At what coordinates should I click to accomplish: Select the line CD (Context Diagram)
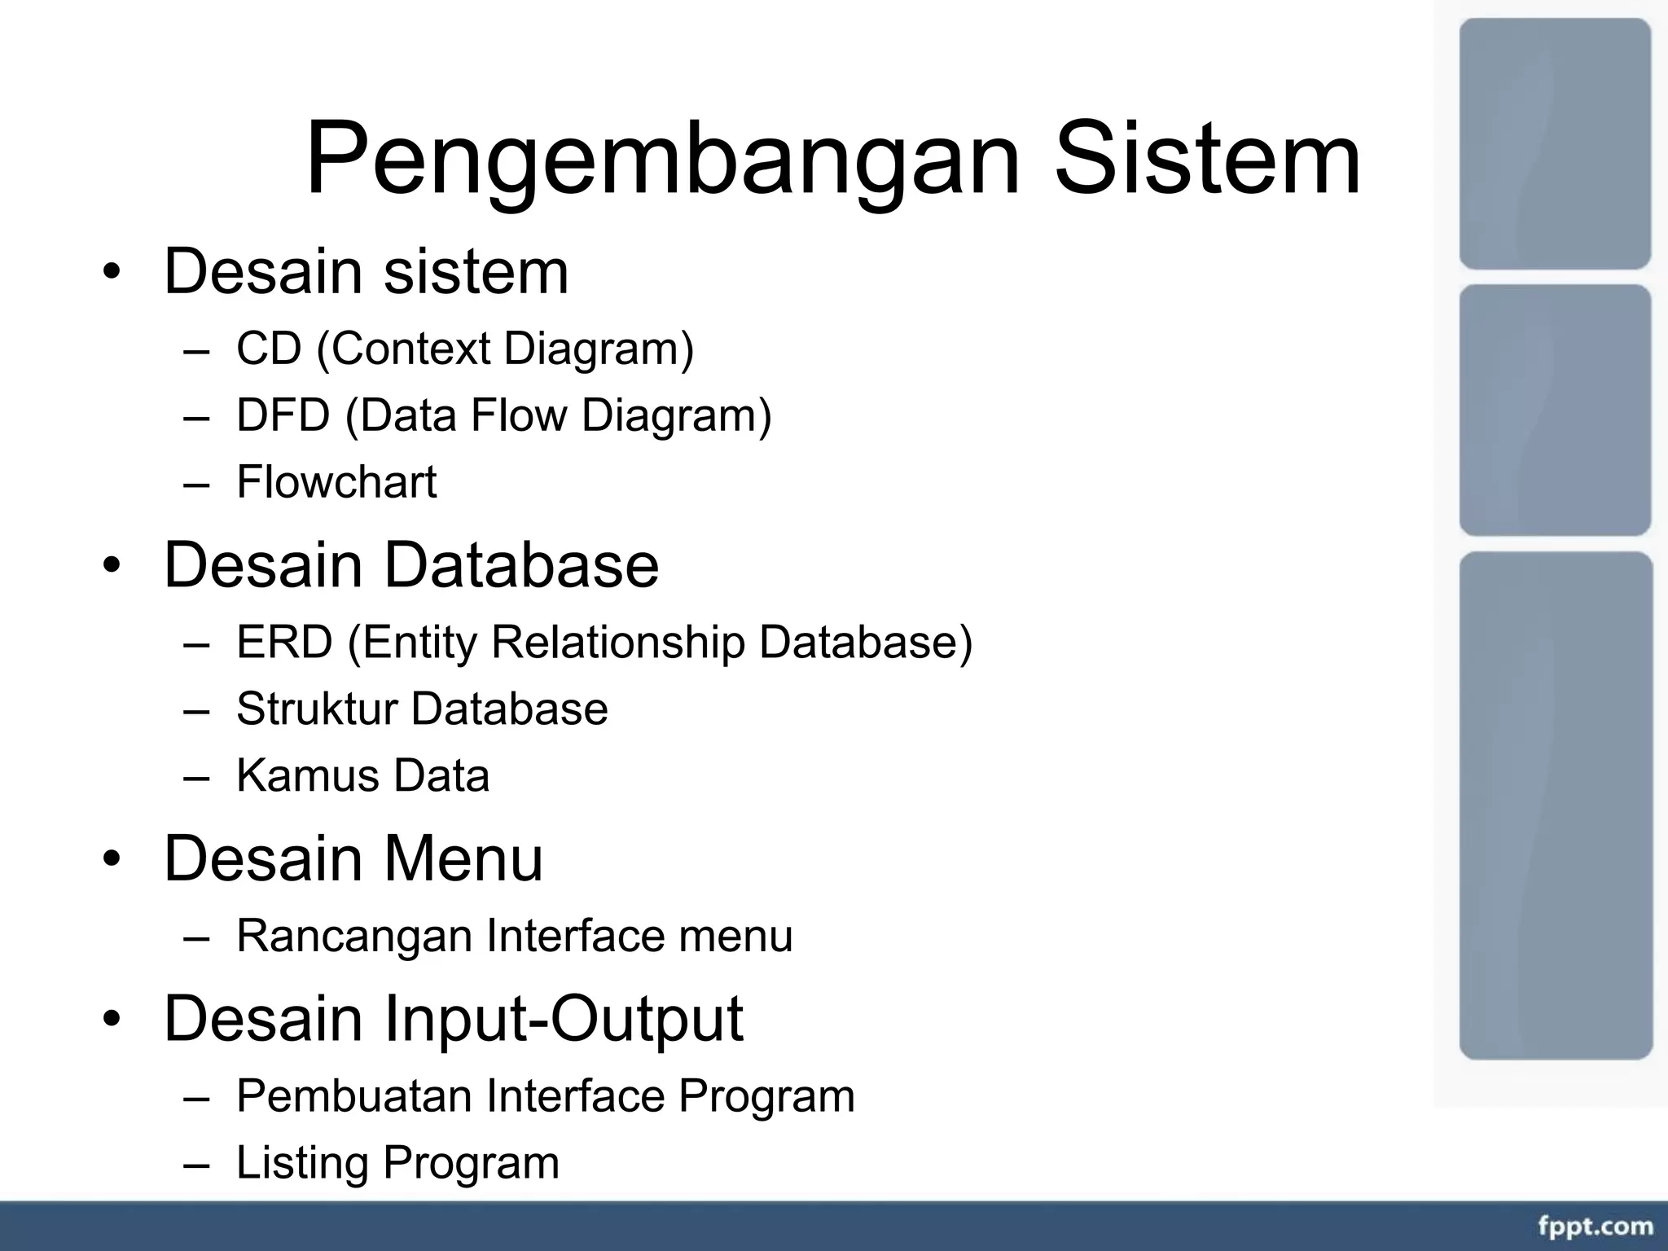(464, 349)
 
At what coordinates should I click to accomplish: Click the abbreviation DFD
(283, 415)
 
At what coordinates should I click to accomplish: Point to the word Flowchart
(336, 482)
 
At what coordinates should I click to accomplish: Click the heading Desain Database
(410, 564)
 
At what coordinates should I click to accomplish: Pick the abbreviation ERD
(284, 642)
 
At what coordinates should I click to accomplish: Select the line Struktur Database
(422, 709)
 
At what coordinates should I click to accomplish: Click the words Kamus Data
(362, 775)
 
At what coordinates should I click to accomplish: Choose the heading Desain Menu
(353, 858)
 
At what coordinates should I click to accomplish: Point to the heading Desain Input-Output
(453, 1018)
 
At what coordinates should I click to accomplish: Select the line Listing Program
(397, 1162)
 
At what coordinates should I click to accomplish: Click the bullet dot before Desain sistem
(112, 272)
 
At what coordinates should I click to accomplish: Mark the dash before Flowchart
(196, 484)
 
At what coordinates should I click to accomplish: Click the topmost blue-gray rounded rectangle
(1554, 143)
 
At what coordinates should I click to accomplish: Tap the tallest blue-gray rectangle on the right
(1555, 805)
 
